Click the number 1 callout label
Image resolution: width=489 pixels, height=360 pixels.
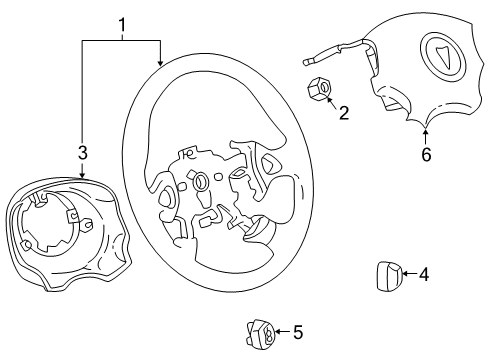pos(122,22)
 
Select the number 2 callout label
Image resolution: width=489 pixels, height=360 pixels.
pos(342,114)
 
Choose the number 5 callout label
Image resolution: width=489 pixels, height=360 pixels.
pos(297,332)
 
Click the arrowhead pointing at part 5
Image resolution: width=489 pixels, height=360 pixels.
pos(277,332)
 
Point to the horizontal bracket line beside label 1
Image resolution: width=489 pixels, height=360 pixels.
pos(122,40)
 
